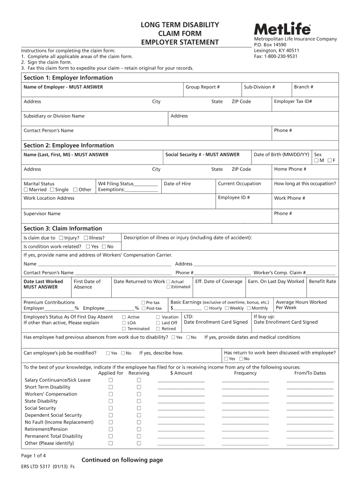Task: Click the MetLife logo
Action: pyautogui.click(x=282, y=29)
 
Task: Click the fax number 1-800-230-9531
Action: pyautogui.click(x=275, y=57)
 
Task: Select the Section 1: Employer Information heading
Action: pyautogui.click(x=68, y=78)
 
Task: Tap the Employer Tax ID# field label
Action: pyautogui.click(x=293, y=102)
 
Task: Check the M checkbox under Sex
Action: pyautogui.click(x=317, y=161)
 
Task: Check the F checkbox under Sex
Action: pyautogui.click(x=330, y=161)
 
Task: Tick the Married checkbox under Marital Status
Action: pyautogui.click(x=26, y=190)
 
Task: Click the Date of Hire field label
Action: pyautogui.click(x=177, y=184)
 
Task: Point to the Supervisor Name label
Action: pyautogui.click(x=42, y=214)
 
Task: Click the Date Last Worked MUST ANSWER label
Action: pyautogui.click(x=43, y=284)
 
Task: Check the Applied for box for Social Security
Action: pyautogui.click(x=111, y=408)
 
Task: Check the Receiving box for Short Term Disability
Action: pyautogui.click(x=139, y=387)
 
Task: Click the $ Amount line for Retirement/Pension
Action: pyautogui.click(x=181, y=429)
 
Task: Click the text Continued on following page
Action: pyautogui.click(x=122, y=460)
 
